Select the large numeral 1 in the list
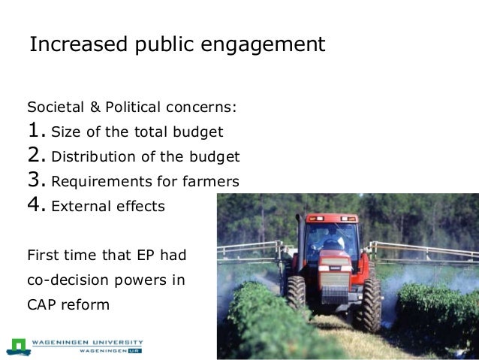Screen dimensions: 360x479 tap(35, 132)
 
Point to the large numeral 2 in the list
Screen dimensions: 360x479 tap(35, 156)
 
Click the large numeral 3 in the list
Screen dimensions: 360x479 tap(35, 180)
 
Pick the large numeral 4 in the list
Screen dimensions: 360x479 tap(35, 205)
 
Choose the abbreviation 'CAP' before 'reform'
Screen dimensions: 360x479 tap(43, 304)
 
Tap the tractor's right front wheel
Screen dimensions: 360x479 tap(368, 304)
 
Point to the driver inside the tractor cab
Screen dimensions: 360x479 tap(333, 241)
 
